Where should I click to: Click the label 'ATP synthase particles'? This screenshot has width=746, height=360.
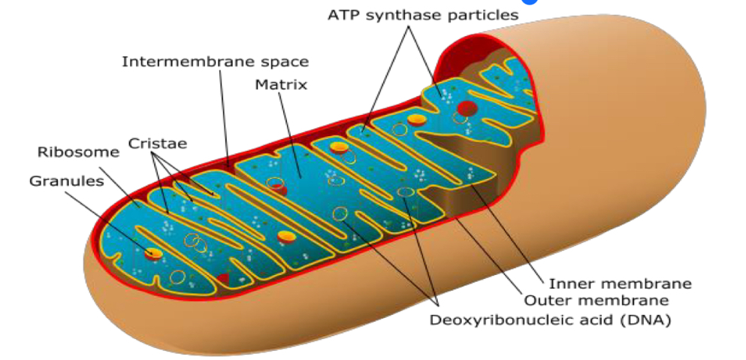[x=422, y=15]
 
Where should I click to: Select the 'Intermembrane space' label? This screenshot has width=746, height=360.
[x=215, y=62]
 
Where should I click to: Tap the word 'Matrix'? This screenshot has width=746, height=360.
[x=281, y=84]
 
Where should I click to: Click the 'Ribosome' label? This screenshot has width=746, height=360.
[x=78, y=153]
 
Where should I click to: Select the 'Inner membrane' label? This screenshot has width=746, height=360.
[x=620, y=284]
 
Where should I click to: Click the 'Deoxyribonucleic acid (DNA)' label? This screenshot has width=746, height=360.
[x=550, y=320]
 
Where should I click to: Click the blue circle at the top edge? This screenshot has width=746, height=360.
[x=530, y=2]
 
